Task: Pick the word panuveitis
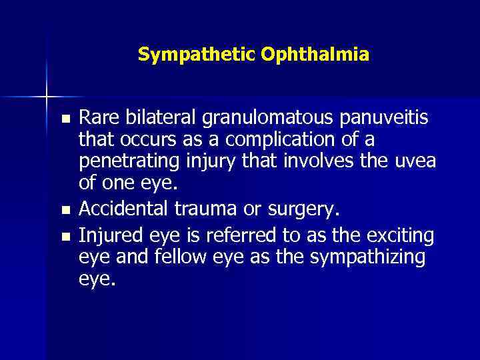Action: click(387, 119)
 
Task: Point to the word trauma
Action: click(199, 210)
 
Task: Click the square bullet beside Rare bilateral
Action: click(65, 120)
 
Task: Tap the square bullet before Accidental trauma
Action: click(65, 211)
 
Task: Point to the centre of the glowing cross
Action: click(47, 97)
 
